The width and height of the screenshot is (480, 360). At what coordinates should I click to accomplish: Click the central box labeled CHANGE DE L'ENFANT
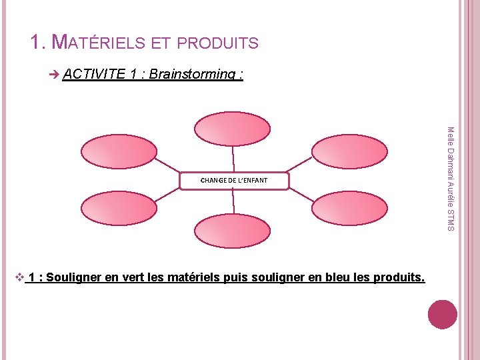(234, 181)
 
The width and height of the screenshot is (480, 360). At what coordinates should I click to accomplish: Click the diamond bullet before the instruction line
(19, 275)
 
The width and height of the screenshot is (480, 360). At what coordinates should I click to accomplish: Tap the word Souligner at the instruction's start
(73, 276)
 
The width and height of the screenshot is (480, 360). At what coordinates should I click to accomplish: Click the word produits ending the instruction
(397, 276)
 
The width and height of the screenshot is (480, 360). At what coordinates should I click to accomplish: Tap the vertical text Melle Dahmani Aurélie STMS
(450, 180)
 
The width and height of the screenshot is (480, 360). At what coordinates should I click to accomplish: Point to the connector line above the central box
(233, 159)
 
